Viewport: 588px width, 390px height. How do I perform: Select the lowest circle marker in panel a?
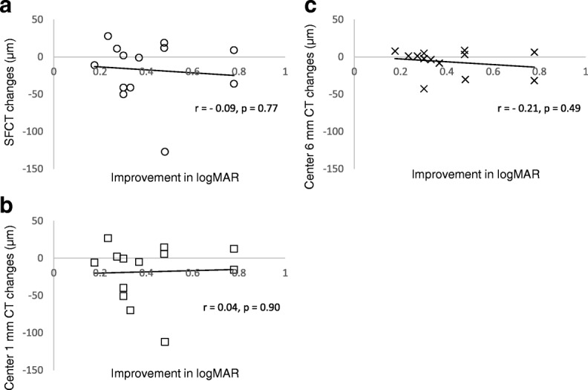(x=165, y=152)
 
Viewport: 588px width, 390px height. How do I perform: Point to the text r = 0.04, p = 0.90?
(x=244, y=306)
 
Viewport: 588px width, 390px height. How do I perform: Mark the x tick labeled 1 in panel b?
(x=285, y=273)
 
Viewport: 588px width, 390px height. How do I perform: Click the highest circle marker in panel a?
(x=108, y=36)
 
